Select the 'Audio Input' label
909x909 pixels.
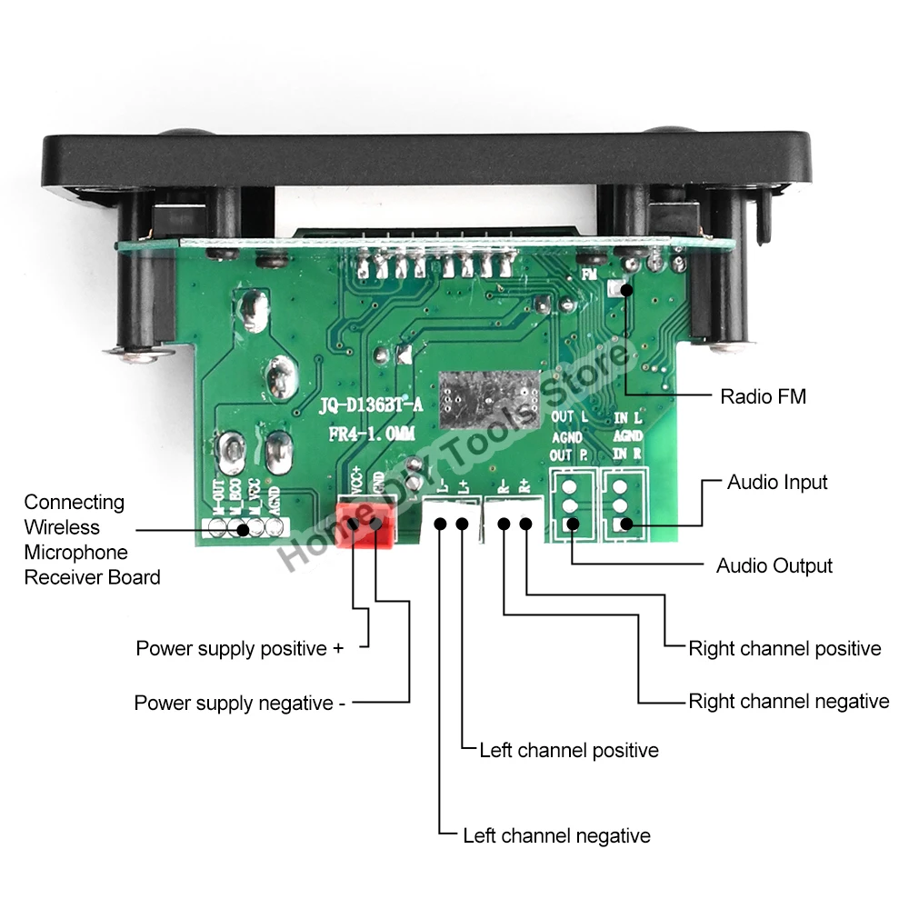click(x=777, y=482)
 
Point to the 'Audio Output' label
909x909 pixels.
click(x=774, y=565)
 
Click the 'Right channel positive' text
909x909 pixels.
click(x=784, y=648)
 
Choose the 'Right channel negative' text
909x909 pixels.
click(x=788, y=701)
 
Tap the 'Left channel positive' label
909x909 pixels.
click(x=569, y=750)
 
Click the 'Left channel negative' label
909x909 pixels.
click(x=556, y=835)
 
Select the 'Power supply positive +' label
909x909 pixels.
click(x=240, y=648)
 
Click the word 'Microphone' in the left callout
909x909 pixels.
click(x=75, y=552)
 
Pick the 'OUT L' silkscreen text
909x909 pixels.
click(x=569, y=417)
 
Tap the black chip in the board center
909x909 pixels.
click(x=489, y=396)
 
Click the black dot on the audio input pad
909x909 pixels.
click(x=625, y=524)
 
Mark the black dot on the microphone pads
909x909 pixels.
click(x=243, y=529)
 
